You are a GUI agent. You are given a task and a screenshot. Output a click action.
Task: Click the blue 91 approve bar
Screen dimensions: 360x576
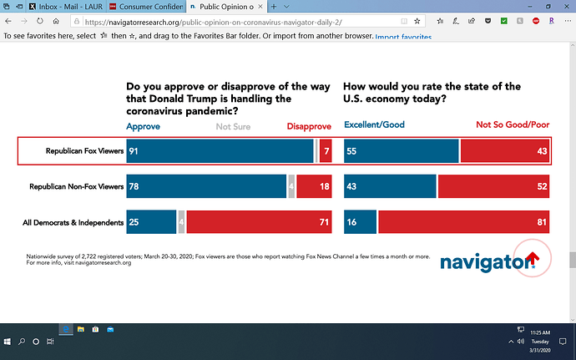tap(219, 151)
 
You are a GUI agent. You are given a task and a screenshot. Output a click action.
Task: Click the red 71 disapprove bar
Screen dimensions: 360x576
tap(260, 222)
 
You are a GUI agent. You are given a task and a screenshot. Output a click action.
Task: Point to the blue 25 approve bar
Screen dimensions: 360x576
tap(150, 222)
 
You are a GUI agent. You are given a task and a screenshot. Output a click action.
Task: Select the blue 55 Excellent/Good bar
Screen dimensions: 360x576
tap(401, 151)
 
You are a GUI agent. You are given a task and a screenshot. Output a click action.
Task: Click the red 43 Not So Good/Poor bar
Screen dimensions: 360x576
tap(505, 151)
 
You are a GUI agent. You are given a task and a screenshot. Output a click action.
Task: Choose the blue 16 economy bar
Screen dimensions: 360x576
tap(360, 222)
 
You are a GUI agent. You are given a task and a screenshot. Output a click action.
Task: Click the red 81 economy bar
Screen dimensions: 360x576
tap(464, 222)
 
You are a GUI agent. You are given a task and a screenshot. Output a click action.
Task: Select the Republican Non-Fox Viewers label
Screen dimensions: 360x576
tap(76, 187)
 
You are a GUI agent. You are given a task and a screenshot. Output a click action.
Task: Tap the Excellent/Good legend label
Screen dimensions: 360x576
tap(374, 126)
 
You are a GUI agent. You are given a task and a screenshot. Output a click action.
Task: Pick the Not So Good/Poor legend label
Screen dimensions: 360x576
tap(512, 126)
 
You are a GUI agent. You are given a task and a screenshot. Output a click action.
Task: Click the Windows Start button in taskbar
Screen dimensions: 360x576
tap(8, 342)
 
